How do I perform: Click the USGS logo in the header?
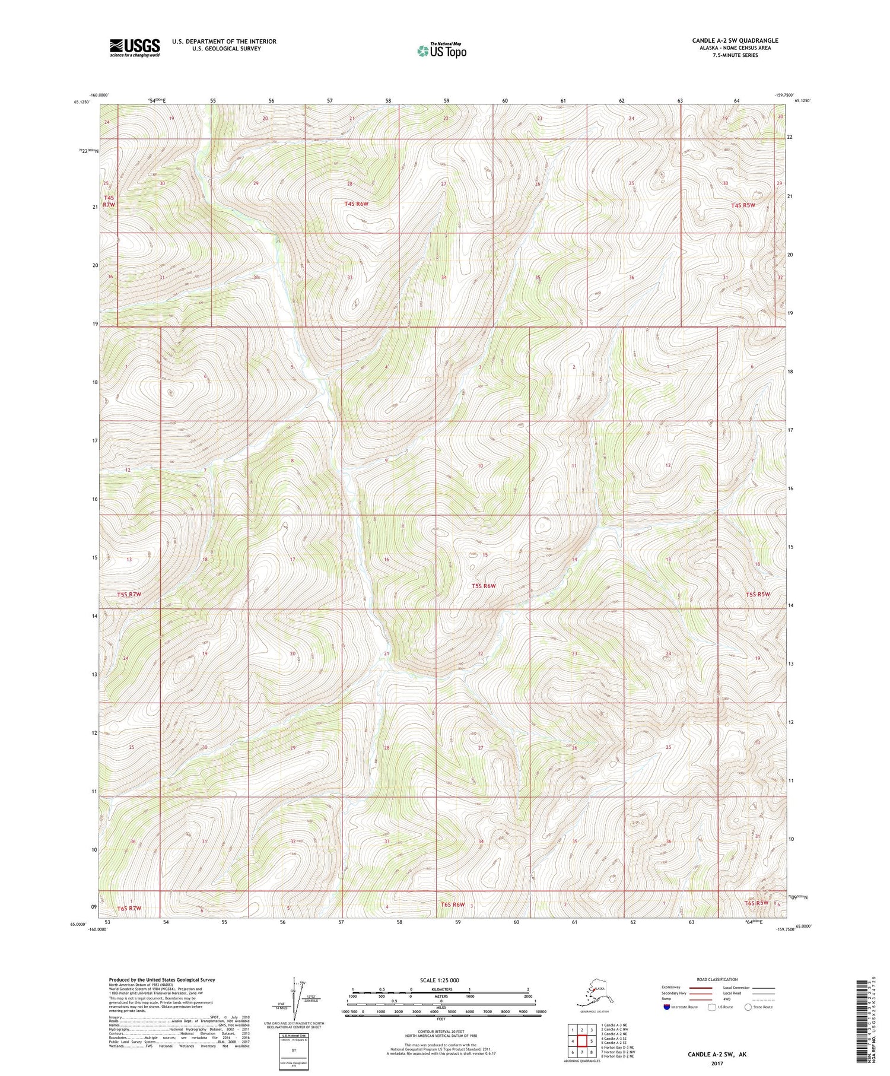pyautogui.click(x=135, y=47)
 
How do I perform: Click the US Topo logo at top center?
pyautogui.click(x=442, y=50)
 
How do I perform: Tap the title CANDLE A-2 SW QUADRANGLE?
pyautogui.click(x=735, y=40)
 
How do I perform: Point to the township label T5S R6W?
pyautogui.click(x=483, y=586)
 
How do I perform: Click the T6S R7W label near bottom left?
pyautogui.click(x=129, y=909)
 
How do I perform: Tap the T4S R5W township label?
pyautogui.click(x=743, y=205)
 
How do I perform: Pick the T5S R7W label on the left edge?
pyautogui.click(x=129, y=594)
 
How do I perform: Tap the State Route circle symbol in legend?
pyautogui.click(x=748, y=1007)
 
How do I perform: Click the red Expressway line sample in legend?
pyautogui.click(x=703, y=988)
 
